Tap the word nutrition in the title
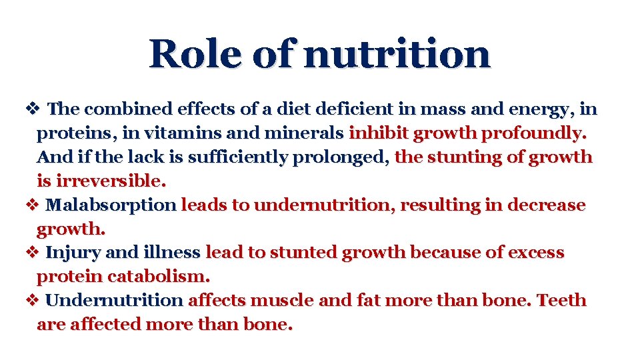397,54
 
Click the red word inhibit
378,133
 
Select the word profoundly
534,133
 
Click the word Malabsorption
112,205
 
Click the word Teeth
561,300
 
